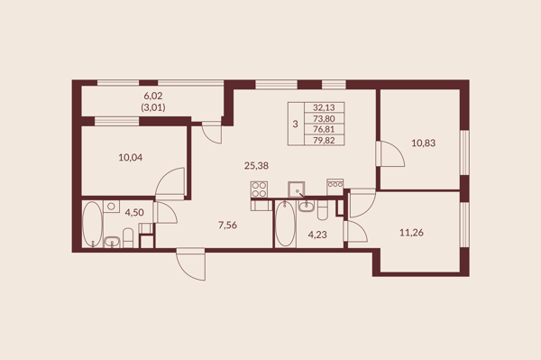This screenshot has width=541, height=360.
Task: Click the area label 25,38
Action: (x=256, y=166)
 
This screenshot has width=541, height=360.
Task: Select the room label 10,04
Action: (x=131, y=158)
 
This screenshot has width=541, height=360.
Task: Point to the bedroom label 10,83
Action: (x=424, y=143)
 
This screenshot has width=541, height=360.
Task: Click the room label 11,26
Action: (x=411, y=233)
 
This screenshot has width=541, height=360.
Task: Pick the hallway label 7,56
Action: (x=228, y=226)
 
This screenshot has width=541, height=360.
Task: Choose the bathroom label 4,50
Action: (x=134, y=213)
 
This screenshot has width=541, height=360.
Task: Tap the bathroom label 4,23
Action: (x=317, y=235)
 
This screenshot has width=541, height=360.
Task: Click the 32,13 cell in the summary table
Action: (x=324, y=107)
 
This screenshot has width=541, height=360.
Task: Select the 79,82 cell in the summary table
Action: (x=324, y=140)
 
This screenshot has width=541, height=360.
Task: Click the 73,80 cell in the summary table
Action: (x=324, y=119)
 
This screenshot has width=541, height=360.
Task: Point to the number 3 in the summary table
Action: (x=296, y=124)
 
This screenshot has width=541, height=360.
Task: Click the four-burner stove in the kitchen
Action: (x=259, y=189)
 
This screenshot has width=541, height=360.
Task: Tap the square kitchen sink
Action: (x=297, y=189)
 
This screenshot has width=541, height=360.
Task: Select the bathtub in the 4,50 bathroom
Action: (x=93, y=225)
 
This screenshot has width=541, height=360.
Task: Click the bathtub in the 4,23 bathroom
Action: (x=285, y=224)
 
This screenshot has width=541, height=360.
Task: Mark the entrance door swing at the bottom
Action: (x=191, y=264)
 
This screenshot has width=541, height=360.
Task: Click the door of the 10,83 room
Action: (x=390, y=154)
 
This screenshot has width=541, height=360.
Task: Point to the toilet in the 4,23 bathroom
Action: (x=322, y=210)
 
